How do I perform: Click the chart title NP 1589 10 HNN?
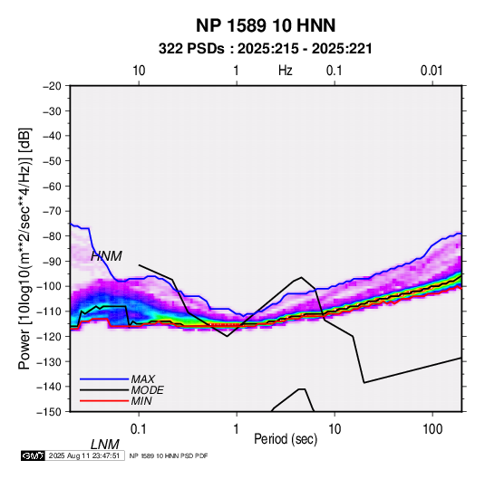pyautogui.click(x=266, y=25)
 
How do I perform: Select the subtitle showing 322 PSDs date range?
pyautogui.click(x=266, y=49)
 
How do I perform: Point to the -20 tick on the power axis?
pyautogui.click(x=52, y=86)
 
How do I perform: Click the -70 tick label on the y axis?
pyautogui.click(x=52, y=211)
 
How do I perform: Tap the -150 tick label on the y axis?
pyautogui.click(x=50, y=412)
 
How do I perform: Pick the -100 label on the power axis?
pyautogui.click(x=50, y=286)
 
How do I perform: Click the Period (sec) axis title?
pyautogui.click(x=286, y=439)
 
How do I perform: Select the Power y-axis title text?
pyautogui.click(x=24, y=248)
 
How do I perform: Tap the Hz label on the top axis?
pyautogui.click(x=286, y=71)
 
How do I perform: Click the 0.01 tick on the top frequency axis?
pyautogui.click(x=432, y=71)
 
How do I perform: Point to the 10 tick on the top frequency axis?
pyautogui.click(x=139, y=71)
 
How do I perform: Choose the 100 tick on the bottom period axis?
pyautogui.click(x=432, y=429)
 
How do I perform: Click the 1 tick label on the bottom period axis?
pyautogui.click(x=237, y=429)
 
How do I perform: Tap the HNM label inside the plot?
pyautogui.click(x=106, y=256)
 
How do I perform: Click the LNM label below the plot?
pyautogui.click(x=105, y=445)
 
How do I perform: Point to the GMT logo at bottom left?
pyautogui.click(x=33, y=455)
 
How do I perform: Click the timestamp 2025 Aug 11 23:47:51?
pyautogui.click(x=84, y=455)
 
